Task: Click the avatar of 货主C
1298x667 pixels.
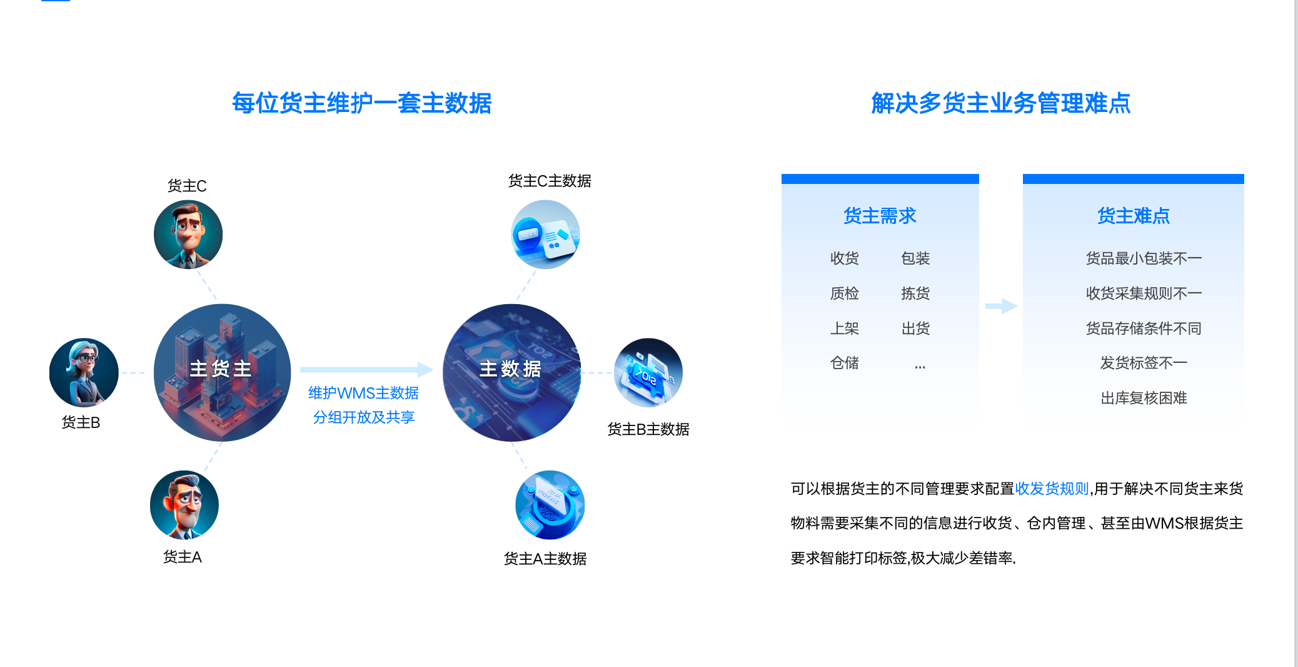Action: (x=188, y=235)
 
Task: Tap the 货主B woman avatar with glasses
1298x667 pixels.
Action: (x=84, y=373)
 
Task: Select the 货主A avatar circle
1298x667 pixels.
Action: (x=184, y=505)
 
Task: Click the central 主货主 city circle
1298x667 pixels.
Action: (x=222, y=373)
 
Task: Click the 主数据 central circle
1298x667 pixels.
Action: (x=511, y=373)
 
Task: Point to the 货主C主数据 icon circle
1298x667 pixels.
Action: (x=545, y=235)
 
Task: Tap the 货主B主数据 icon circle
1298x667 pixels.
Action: (x=648, y=373)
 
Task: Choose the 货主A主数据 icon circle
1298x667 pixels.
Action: (x=550, y=505)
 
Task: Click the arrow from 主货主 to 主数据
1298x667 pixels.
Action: (x=367, y=369)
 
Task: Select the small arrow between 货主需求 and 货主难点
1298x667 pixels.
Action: (x=1002, y=306)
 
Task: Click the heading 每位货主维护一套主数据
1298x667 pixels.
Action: (x=362, y=103)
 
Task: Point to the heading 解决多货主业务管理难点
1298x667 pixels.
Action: (x=1001, y=103)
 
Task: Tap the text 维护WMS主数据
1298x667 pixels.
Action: (x=363, y=393)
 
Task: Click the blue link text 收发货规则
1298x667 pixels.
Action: (x=1052, y=489)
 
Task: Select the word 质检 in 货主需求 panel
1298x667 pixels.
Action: (x=845, y=293)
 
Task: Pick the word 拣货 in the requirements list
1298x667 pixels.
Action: (x=915, y=293)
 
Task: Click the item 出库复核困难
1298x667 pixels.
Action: (x=1144, y=398)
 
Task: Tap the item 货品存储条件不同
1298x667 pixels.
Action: (x=1144, y=328)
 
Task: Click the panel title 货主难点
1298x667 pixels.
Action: (x=1134, y=216)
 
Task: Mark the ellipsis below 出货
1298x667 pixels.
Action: (x=920, y=366)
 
